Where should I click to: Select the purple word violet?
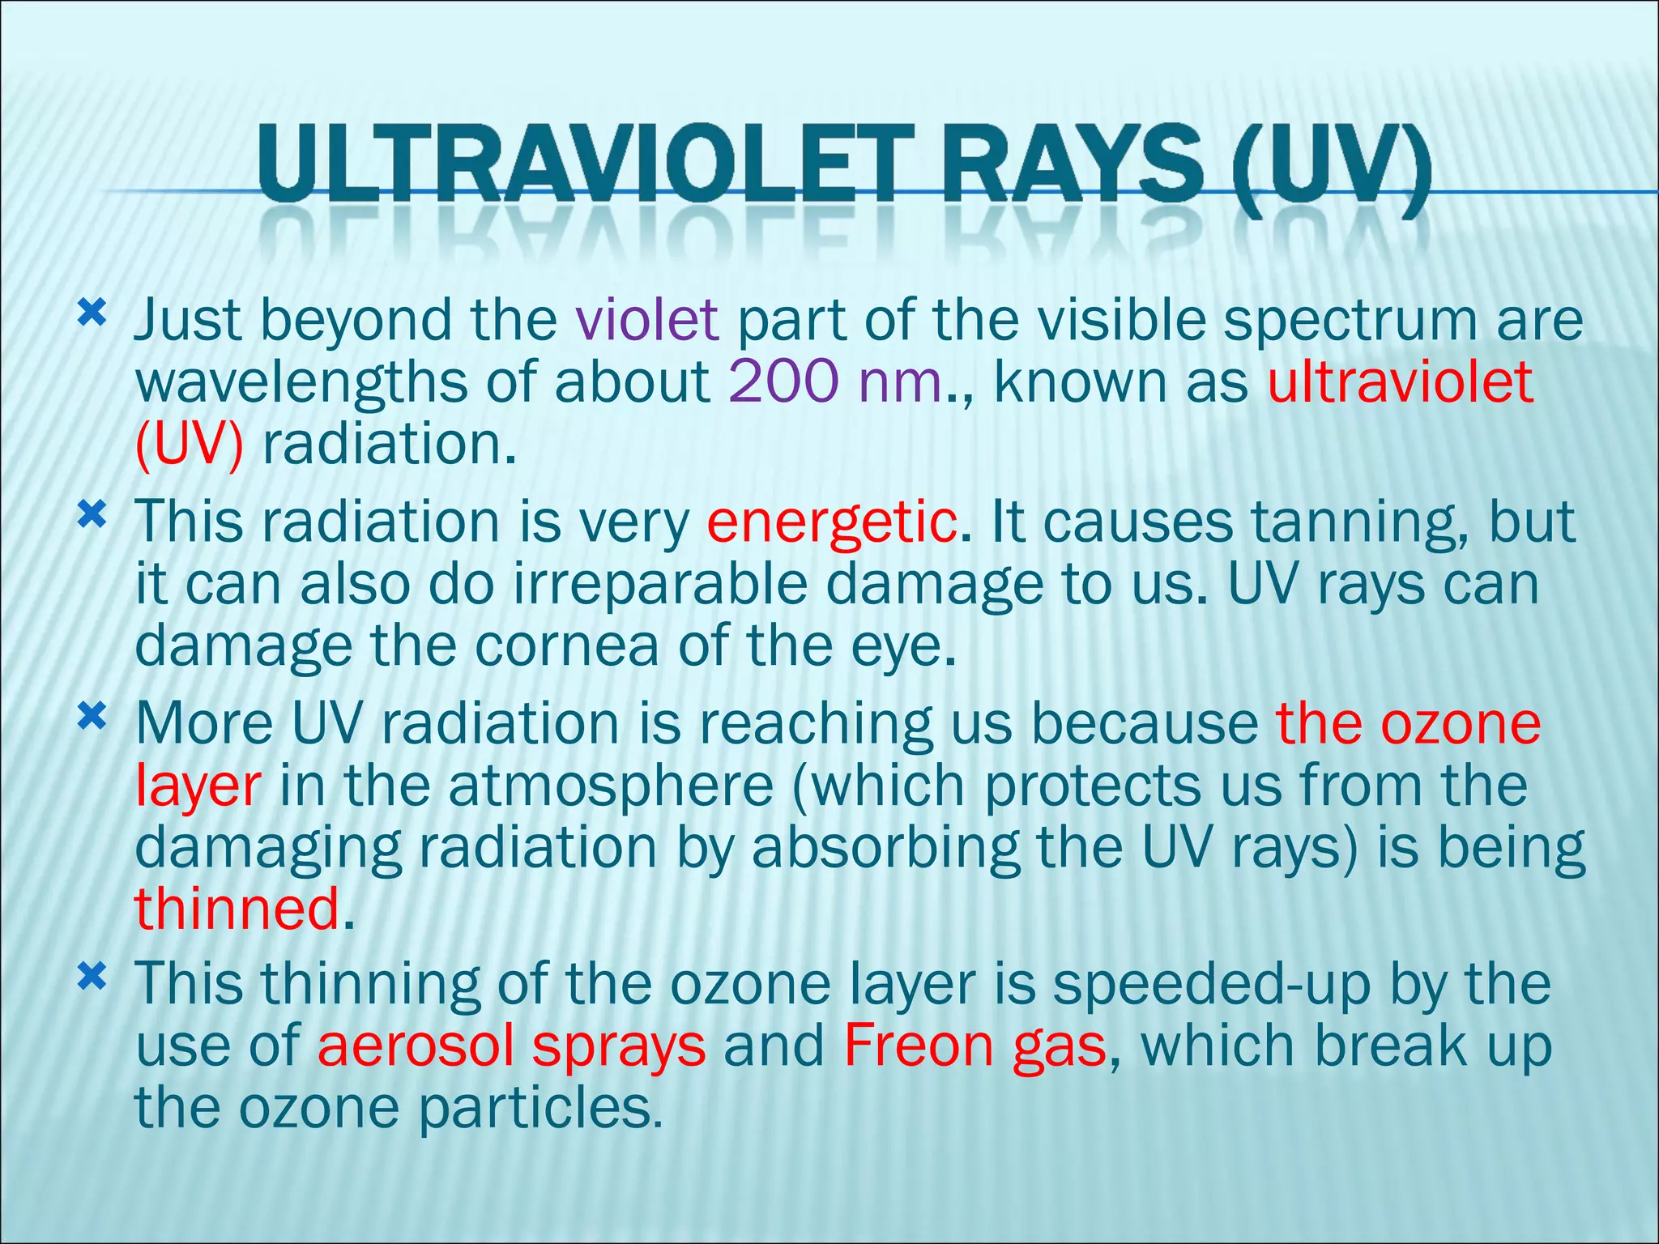pos(646,320)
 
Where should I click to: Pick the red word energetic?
pos(830,522)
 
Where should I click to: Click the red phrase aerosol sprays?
pos(511,1046)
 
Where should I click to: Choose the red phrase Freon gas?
pos(975,1046)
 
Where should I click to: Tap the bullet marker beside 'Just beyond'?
pos(92,313)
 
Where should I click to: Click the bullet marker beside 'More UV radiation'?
pos(92,716)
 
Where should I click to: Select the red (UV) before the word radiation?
pos(189,445)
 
